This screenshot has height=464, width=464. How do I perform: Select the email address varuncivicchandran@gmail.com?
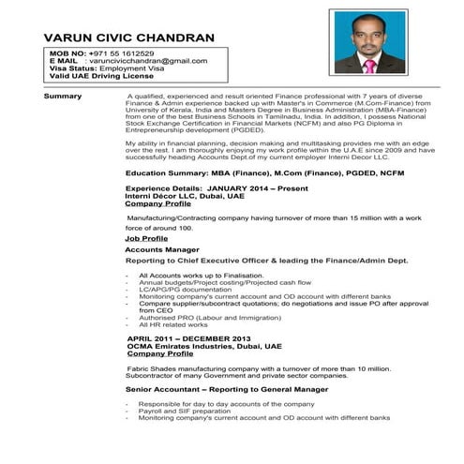tap(149, 61)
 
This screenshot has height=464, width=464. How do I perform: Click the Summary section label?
tap(63, 97)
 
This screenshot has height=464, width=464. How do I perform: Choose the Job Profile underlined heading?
tap(147, 238)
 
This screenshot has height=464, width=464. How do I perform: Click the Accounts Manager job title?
tap(161, 250)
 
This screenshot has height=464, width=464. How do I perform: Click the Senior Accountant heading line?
tap(227, 388)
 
